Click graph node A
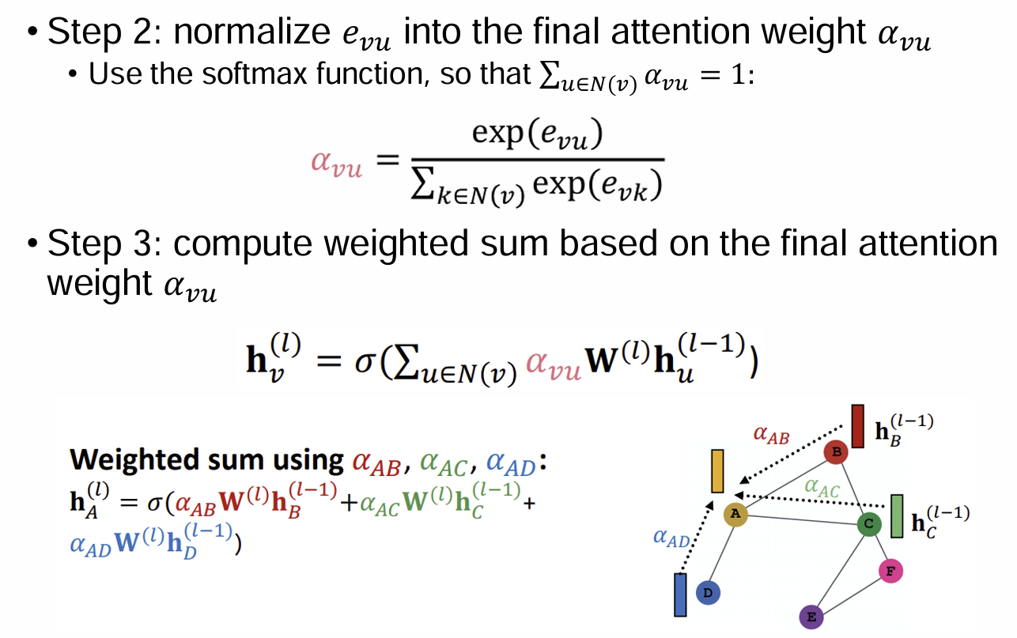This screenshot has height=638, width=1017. click(x=735, y=515)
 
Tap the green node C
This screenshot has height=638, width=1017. click(x=869, y=524)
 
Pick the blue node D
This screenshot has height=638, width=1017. click(x=708, y=592)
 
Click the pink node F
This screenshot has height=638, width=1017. click(x=890, y=570)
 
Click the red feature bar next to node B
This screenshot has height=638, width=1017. click(x=858, y=426)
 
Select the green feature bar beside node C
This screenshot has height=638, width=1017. click(x=897, y=515)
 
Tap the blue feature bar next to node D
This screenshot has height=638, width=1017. click(x=679, y=595)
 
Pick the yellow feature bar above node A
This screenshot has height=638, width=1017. click(x=718, y=471)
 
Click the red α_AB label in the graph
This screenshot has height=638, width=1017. click(x=771, y=434)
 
